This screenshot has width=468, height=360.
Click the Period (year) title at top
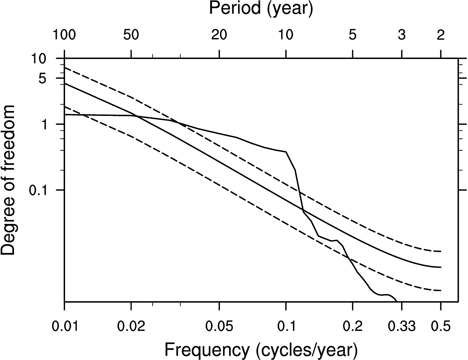pyautogui.click(x=261, y=9)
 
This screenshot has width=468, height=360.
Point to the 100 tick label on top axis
pyautogui.click(x=64, y=35)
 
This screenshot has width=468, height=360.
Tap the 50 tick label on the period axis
pyautogui.click(x=131, y=35)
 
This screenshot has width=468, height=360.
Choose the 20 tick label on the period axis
pyautogui.click(x=219, y=35)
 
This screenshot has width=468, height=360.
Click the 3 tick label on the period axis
pyautogui.click(x=402, y=35)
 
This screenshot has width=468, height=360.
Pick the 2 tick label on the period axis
pyautogui.click(x=441, y=35)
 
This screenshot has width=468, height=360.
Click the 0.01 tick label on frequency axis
pyautogui.click(x=64, y=326)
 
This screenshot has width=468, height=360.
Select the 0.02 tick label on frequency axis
pyautogui.click(x=131, y=326)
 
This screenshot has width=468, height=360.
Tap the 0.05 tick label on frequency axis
pyautogui.click(x=219, y=326)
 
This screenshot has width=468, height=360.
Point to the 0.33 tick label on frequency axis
pyautogui.click(x=402, y=326)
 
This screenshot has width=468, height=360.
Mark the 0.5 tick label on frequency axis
pyautogui.click(x=441, y=326)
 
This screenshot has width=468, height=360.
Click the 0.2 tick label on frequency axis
pyautogui.click(x=353, y=326)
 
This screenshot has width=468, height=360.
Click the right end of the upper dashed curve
pyautogui.click(x=441, y=251)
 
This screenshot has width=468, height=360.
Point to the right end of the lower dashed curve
pyautogui.click(x=441, y=291)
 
